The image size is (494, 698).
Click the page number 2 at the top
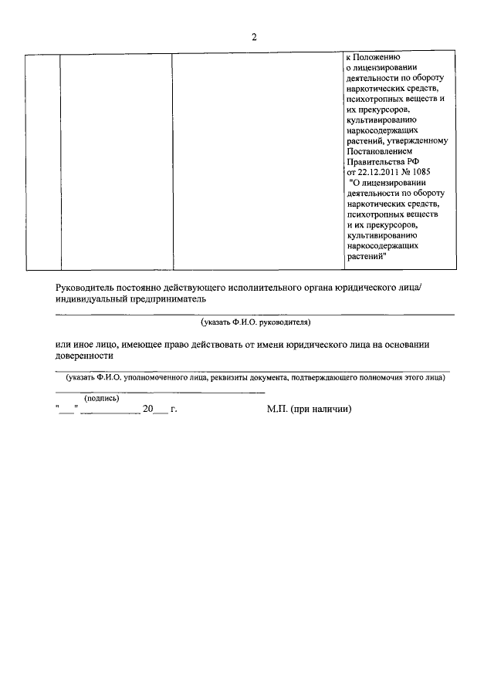coord(253,39)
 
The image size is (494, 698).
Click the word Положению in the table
coord(376,57)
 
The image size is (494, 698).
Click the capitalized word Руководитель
coord(85,288)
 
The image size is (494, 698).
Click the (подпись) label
coord(101,398)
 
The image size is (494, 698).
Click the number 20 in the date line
coord(148,410)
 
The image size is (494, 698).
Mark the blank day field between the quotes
coord(66,410)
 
